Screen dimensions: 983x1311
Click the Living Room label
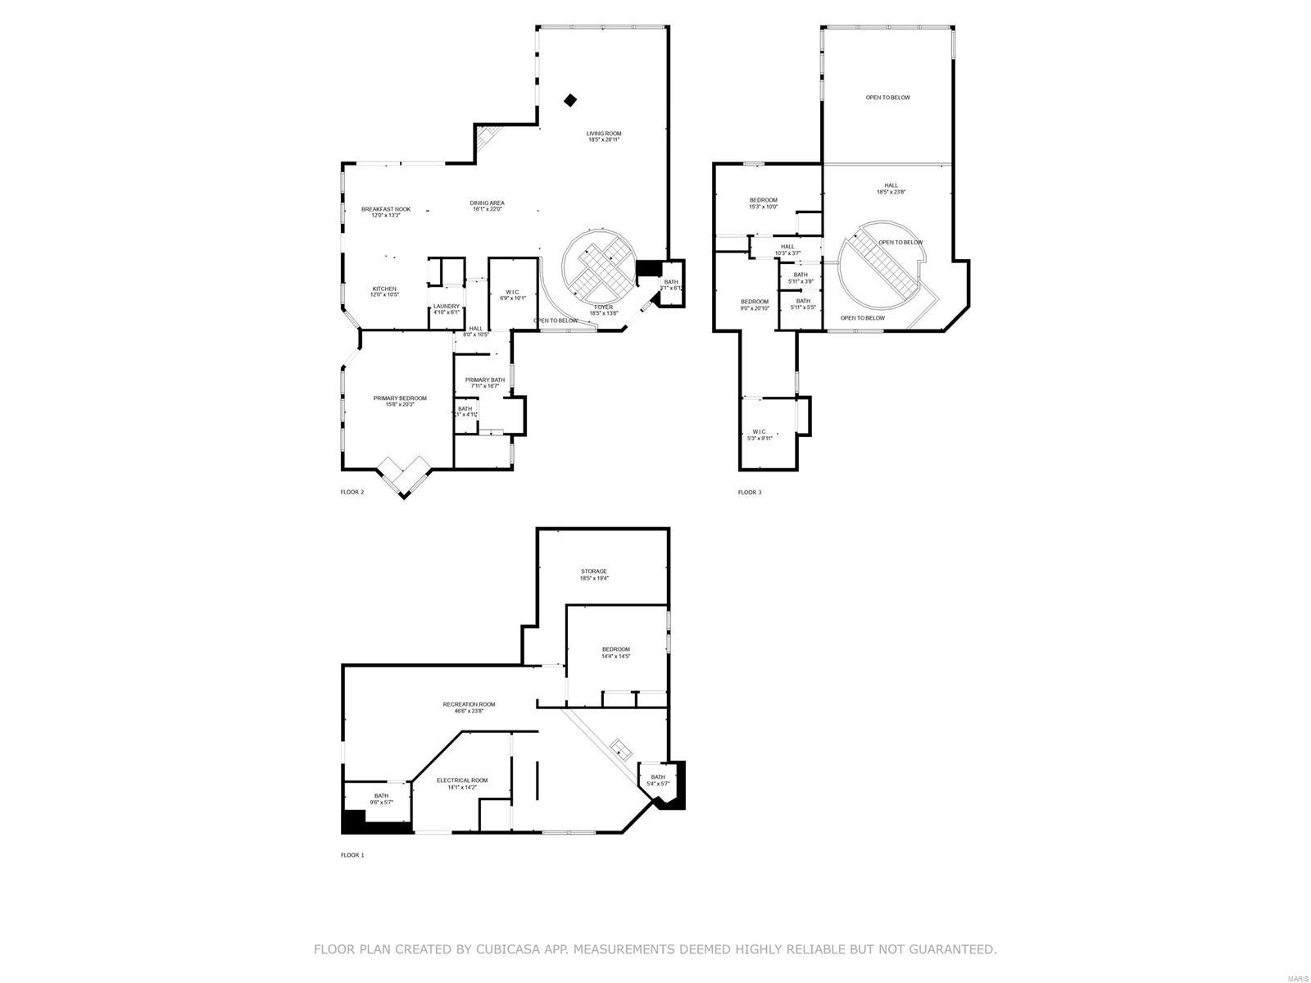point(603,136)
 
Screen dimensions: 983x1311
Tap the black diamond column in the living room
point(570,100)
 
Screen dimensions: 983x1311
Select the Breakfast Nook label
point(386,212)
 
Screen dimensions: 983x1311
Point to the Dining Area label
point(487,206)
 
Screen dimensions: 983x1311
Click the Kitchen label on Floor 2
point(384,291)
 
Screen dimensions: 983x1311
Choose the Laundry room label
point(447,309)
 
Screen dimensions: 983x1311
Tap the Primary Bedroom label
point(400,401)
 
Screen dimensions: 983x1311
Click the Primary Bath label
point(485,382)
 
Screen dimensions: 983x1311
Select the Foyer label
point(603,310)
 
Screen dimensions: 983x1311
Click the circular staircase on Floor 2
point(601,266)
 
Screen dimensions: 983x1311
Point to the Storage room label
point(594,574)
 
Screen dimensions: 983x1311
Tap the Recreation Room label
point(469,707)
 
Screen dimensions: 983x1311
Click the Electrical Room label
point(461,783)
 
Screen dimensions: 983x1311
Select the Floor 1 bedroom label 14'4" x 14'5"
point(615,652)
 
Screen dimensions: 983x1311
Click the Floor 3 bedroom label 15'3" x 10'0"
point(763,203)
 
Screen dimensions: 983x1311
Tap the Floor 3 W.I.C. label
point(760,435)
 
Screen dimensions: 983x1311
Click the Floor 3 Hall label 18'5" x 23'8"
point(891,188)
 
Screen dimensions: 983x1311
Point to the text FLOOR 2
point(352,492)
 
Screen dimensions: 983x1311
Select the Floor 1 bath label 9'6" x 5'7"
point(381,799)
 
